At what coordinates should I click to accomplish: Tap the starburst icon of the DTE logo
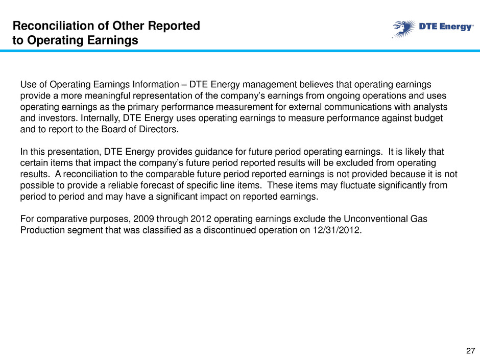pyautogui.click(x=404, y=29)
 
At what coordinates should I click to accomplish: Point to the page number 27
pyautogui.click(x=470, y=351)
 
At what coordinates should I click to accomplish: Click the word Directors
pyautogui.click(x=159, y=129)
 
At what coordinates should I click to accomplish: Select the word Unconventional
pyautogui.click(x=376, y=219)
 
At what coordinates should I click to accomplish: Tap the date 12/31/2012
pyautogui.click(x=337, y=230)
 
